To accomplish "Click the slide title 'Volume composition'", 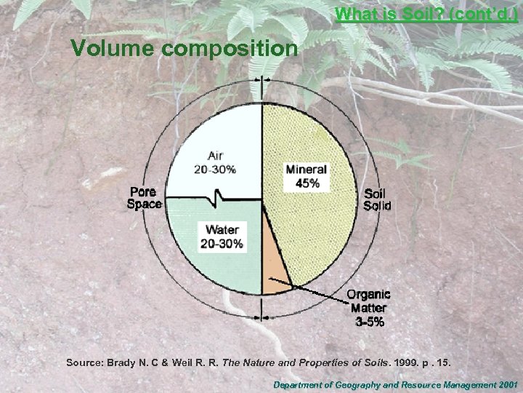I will click(x=184, y=49).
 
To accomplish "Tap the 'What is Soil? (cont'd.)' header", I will click(x=427, y=14).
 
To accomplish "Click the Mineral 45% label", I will click(x=307, y=176).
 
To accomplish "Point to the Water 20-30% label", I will click(x=222, y=237).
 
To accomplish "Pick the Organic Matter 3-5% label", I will click(x=368, y=307).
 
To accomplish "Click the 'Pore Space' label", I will click(x=145, y=198).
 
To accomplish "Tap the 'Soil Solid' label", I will click(x=377, y=199).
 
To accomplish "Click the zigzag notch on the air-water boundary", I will click(x=217, y=197).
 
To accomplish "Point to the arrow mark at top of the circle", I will click(x=262, y=79).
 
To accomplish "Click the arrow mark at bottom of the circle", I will click(x=262, y=317).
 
